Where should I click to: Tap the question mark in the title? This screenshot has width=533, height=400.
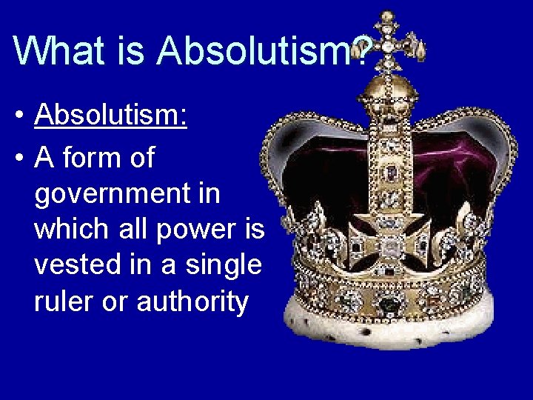tap(362, 50)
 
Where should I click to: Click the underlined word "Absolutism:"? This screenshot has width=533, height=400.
tap(110, 116)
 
